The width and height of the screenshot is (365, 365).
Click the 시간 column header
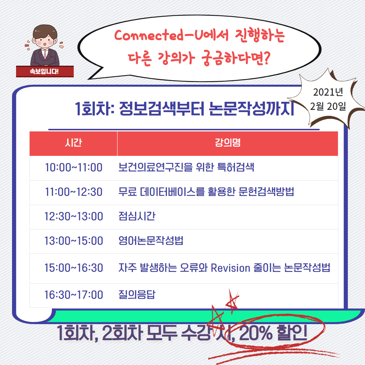[73, 142]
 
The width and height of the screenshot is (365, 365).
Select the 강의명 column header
[227, 142]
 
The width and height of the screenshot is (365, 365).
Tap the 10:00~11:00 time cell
[74, 168]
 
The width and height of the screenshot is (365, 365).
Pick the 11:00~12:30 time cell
[74, 192]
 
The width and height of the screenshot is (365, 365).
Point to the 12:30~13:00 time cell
[74, 216]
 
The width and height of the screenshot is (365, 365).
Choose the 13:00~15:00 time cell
[74, 241]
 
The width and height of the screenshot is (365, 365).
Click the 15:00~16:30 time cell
[74, 268]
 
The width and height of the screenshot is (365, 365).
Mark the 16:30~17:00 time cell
[74, 295]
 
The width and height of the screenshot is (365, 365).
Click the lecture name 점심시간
[137, 216]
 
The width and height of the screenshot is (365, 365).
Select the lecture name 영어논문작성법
[151, 241]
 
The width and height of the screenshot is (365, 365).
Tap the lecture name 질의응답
[137, 295]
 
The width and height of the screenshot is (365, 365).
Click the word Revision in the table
[230, 268]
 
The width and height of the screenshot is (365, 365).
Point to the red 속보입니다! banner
[45, 72]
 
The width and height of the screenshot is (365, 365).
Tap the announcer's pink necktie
[45, 54]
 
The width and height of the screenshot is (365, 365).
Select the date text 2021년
[328, 92]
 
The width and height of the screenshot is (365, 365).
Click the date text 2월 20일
[328, 106]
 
